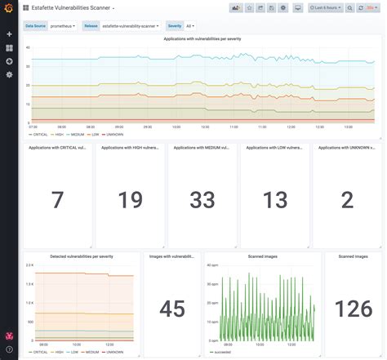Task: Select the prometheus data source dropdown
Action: tap(63, 25)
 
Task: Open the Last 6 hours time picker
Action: tap(325, 7)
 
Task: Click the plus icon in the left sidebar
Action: tap(9, 34)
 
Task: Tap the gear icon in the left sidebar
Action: tap(9, 74)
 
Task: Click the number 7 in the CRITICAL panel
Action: tap(57, 200)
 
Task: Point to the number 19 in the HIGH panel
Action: tap(129, 200)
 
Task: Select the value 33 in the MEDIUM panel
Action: tap(202, 200)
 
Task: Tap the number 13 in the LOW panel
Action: tap(275, 200)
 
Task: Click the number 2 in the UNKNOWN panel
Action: tap(347, 200)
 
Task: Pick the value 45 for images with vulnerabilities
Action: tap(172, 309)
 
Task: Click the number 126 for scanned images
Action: tap(354, 309)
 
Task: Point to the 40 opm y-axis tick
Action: tap(211, 266)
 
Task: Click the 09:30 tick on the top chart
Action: tap(148, 127)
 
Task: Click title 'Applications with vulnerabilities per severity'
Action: tap(202, 38)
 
